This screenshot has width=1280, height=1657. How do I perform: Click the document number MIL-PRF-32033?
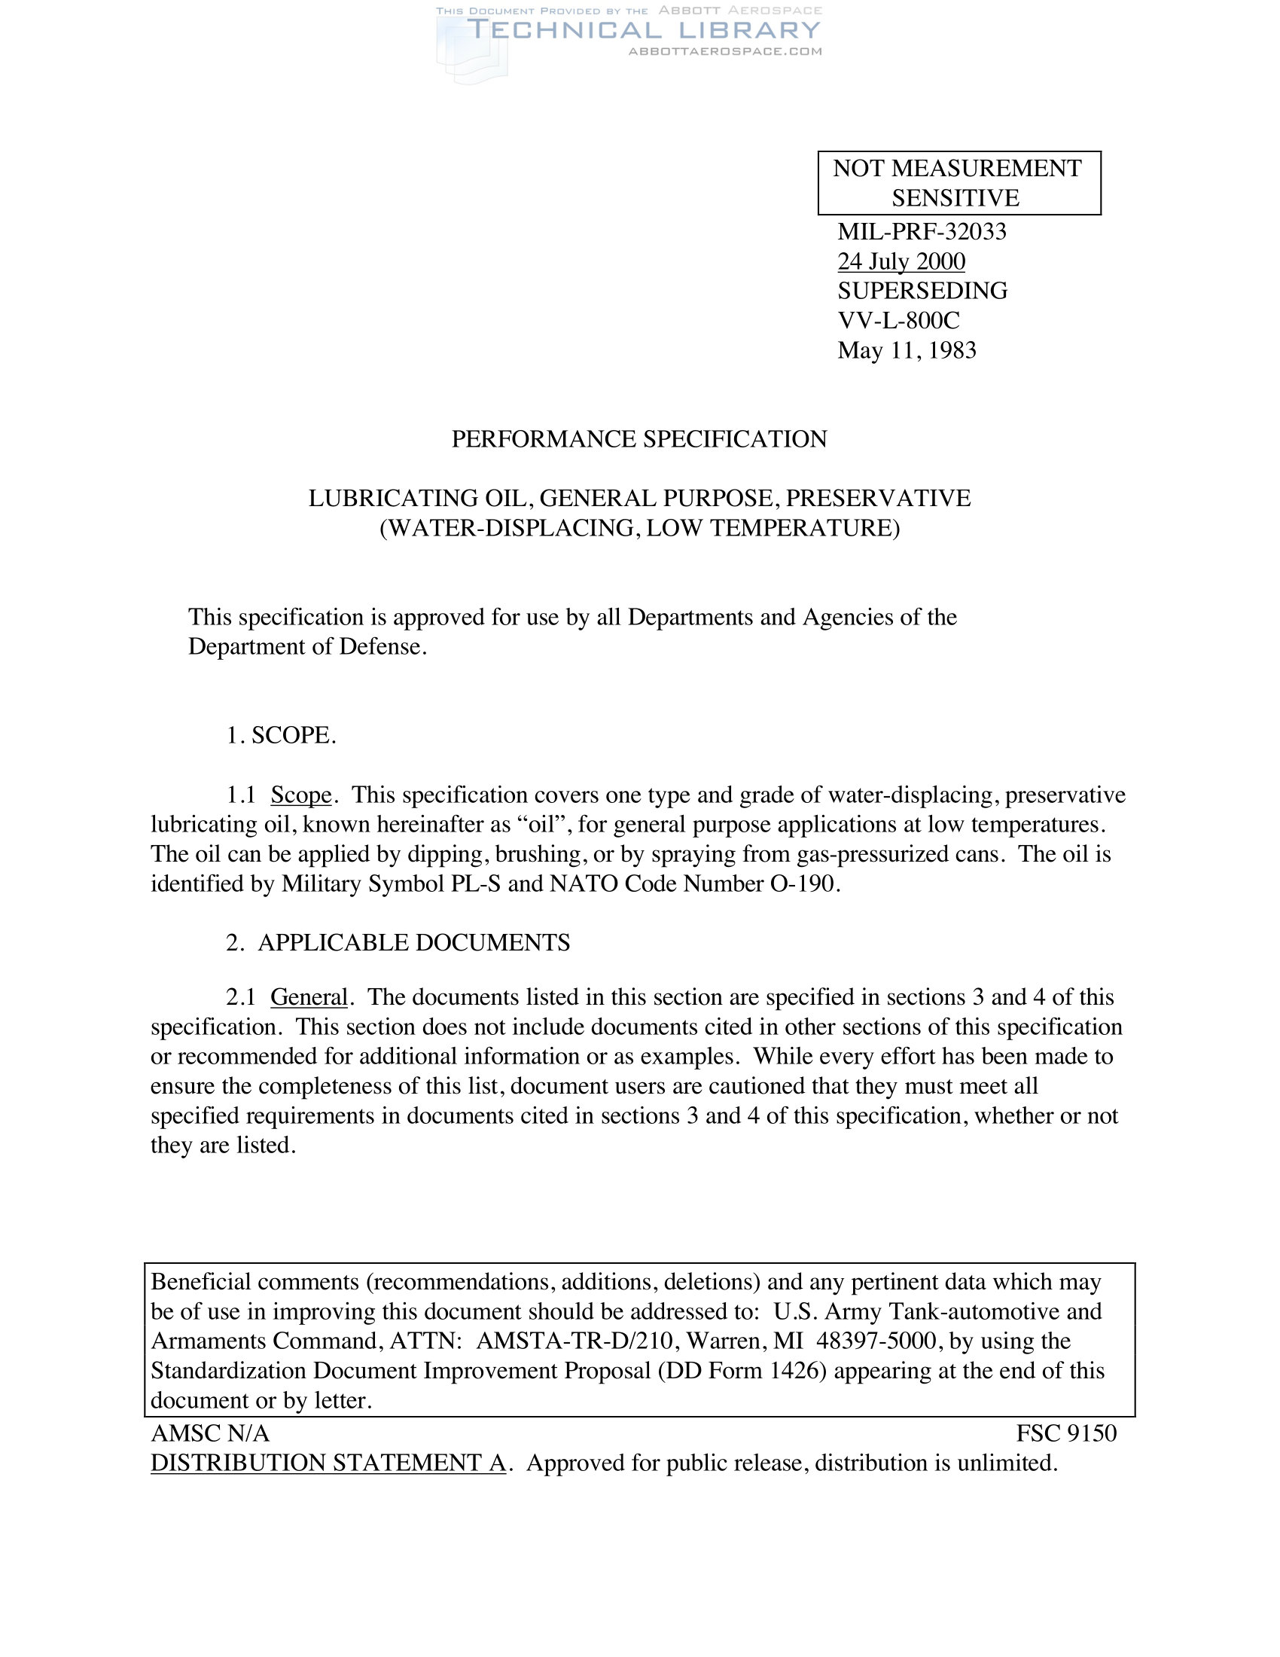922,231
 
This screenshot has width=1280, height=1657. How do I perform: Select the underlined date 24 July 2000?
901,262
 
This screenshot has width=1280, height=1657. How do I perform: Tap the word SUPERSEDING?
922,291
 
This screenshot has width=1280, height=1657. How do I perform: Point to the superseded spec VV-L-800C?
898,320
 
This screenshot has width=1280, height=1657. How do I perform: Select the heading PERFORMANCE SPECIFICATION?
639,439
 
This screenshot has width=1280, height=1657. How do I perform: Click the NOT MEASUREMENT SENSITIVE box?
958,183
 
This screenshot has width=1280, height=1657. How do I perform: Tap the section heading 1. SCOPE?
281,735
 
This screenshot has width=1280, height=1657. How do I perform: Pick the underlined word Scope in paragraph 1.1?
301,795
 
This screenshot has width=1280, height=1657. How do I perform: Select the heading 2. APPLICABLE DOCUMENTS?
398,942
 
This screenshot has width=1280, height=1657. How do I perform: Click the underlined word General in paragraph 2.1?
309,997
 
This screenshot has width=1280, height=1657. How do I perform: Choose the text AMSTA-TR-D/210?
574,1341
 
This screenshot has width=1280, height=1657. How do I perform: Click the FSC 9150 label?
1066,1433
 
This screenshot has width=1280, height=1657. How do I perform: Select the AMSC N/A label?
210,1433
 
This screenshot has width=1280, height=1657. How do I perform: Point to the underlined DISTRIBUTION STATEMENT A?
328,1463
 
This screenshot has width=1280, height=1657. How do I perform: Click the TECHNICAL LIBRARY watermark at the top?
644,30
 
